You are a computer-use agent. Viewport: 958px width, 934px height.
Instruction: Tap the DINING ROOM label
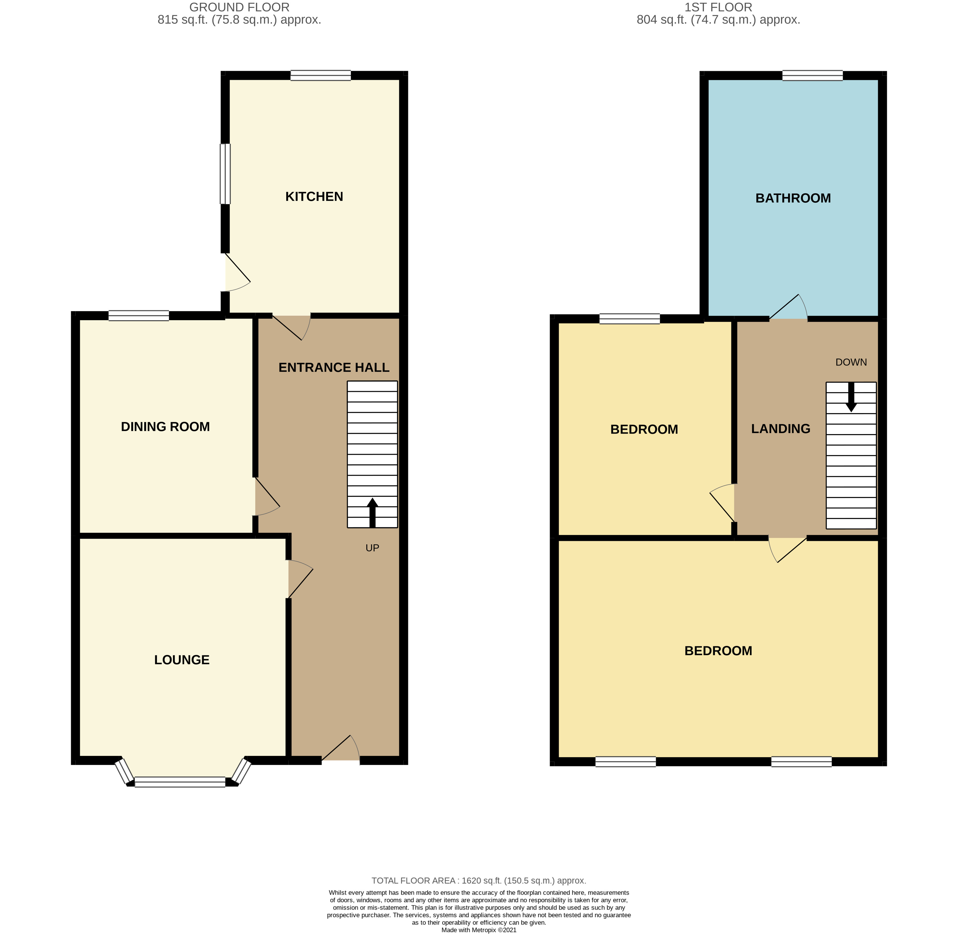[165, 427]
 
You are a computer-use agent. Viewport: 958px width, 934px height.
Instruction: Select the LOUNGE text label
[181, 660]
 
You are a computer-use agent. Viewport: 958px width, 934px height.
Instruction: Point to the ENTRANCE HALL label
[334, 367]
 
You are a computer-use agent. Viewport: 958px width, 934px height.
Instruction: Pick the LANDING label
[780, 429]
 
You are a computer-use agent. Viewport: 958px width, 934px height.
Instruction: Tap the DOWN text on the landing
[851, 362]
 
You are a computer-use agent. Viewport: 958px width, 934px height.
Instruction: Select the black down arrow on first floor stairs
[851, 397]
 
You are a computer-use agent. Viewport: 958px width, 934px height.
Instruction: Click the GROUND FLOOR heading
[239, 7]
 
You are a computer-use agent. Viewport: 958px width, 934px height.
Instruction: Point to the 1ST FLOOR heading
[718, 7]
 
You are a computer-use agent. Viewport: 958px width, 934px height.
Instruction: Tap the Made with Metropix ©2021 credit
[479, 930]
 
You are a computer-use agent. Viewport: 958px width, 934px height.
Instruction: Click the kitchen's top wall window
[320, 76]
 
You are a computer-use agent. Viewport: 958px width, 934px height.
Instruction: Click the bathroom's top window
[812, 76]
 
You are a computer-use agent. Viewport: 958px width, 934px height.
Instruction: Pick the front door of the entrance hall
[341, 752]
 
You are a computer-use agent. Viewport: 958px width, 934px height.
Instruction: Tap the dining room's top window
[139, 316]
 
